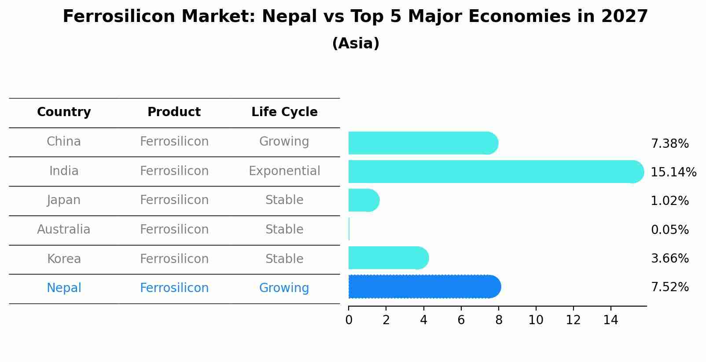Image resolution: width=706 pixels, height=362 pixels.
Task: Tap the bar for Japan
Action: click(364, 201)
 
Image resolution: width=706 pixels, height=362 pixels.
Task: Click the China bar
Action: click(423, 143)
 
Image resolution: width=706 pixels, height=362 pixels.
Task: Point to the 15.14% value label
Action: click(673, 172)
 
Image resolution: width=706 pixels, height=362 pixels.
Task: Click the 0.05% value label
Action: click(669, 230)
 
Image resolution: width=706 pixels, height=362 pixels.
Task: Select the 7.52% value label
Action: click(669, 287)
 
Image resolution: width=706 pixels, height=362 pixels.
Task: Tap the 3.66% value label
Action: click(669, 259)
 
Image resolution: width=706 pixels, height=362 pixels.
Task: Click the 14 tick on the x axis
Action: click(610, 320)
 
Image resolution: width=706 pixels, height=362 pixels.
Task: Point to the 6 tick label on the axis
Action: click(461, 320)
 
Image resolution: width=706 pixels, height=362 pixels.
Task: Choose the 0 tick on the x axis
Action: click(349, 320)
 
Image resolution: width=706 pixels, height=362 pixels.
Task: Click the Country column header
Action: click(64, 112)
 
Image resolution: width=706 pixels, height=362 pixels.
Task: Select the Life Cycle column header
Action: click(284, 112)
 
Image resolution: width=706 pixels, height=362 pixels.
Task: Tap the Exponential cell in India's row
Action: click(284, 171)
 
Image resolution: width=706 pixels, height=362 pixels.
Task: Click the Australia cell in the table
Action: click(64, 230)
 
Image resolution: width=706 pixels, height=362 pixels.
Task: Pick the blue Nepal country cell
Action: click(64, 288)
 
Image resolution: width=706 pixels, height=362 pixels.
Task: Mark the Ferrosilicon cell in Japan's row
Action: click(174, 200)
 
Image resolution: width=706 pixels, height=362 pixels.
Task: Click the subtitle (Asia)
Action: click(356, 44)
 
